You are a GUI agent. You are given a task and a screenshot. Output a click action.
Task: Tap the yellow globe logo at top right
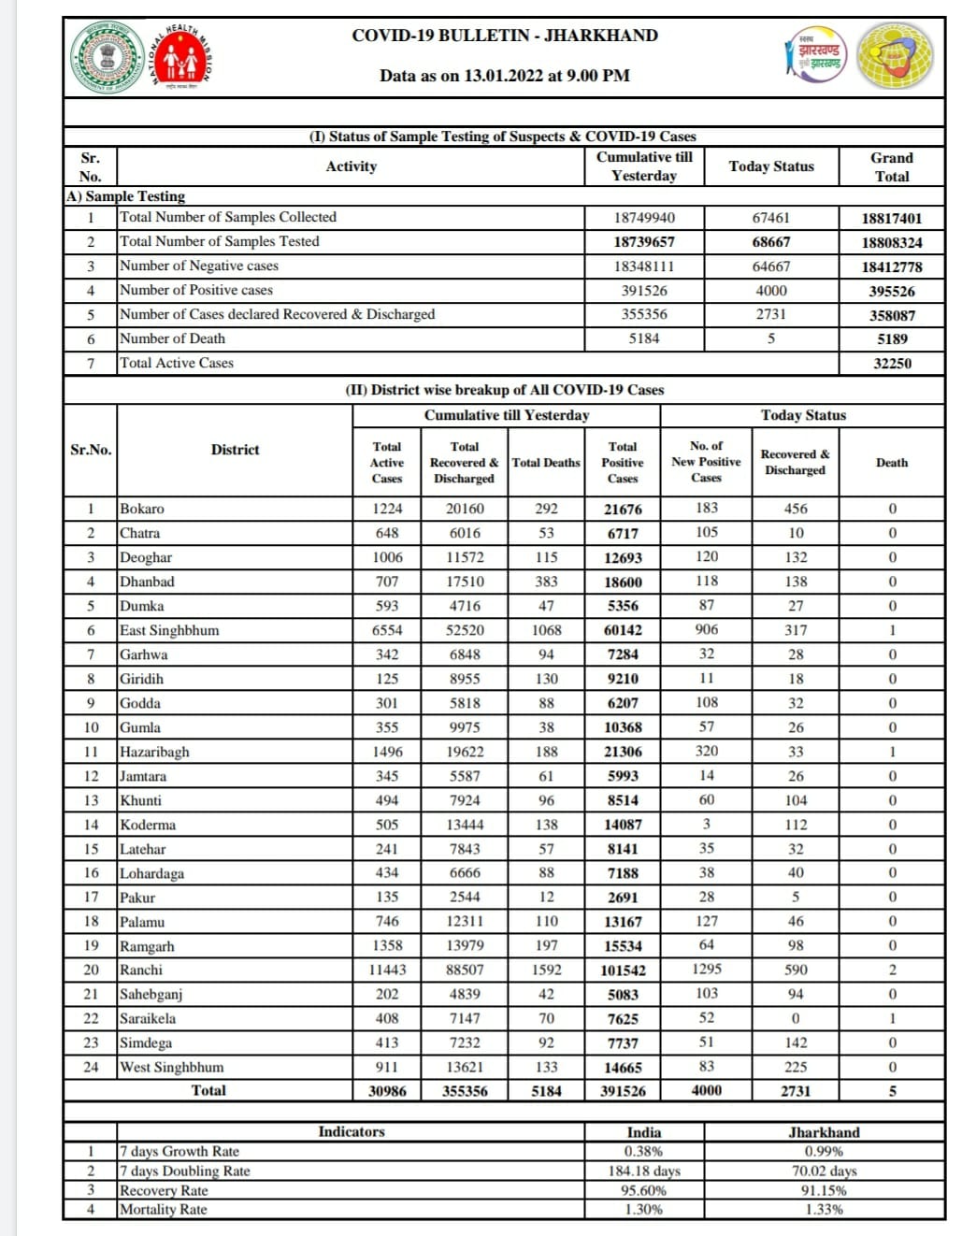click(895, 56)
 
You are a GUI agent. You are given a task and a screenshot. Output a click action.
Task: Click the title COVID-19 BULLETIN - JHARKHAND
click(504, 36)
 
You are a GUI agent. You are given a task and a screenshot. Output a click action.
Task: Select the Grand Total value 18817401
click(891, 218)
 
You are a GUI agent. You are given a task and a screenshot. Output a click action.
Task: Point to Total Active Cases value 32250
click(891, 363)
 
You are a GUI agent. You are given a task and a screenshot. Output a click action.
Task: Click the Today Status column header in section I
click(770, 166)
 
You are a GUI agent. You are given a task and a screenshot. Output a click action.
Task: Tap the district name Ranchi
click(141, 970)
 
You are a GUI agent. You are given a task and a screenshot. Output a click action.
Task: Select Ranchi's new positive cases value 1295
click(706, 970)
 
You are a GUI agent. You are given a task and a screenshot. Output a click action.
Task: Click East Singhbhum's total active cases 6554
click(386, 630)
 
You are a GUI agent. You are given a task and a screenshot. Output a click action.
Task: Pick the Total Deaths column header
click(546, 462)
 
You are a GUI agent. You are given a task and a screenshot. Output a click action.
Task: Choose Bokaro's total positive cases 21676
click(623, 510)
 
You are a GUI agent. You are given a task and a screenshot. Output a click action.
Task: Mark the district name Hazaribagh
click(154, 752)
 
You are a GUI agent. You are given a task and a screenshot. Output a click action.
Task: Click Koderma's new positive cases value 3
click(706, 824)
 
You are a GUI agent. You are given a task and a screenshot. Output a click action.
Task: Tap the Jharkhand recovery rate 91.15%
click(823, 1190)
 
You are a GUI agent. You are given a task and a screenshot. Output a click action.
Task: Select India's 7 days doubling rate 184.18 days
click(643, 1171)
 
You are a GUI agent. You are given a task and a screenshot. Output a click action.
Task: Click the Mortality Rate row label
click(164, 1209)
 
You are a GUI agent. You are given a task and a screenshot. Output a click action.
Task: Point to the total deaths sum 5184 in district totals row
click(546, 1091)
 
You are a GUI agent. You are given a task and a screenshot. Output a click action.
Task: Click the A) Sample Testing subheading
click(126, 196)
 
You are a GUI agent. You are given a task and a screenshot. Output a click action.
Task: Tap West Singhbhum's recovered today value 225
click(795, 1067)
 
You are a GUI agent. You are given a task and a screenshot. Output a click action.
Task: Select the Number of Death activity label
click(173, 338)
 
